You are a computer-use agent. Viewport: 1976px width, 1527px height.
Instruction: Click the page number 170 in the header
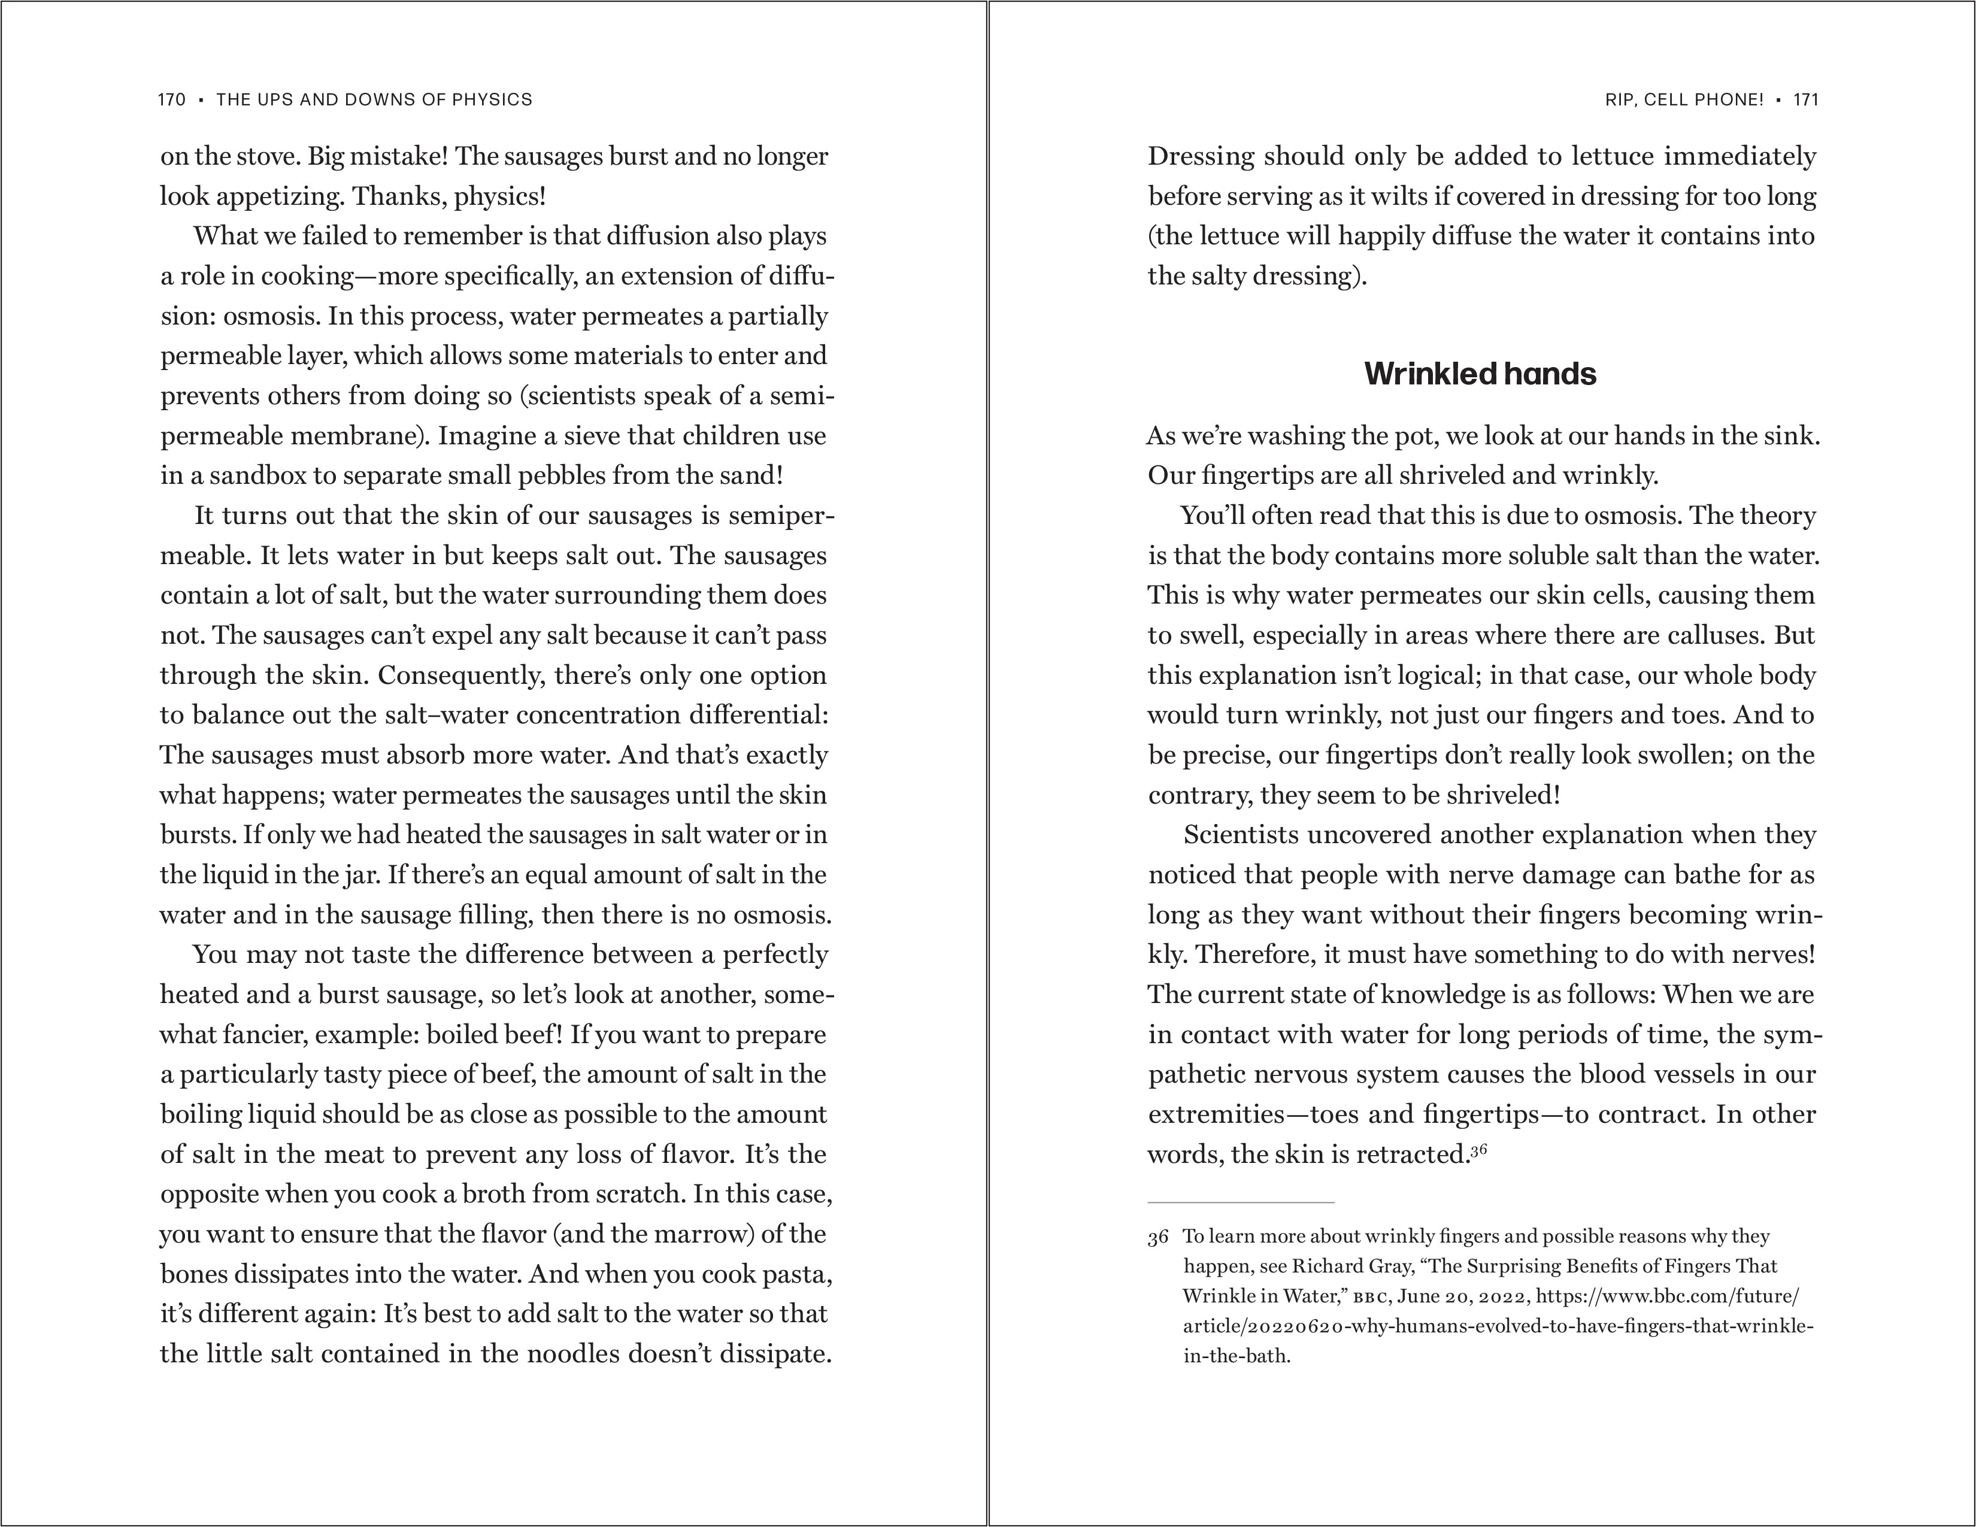click(171, 99)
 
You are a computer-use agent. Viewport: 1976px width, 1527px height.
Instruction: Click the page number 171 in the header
click(1806, 99)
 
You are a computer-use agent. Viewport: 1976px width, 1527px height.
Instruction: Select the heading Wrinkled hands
click(1480, 374)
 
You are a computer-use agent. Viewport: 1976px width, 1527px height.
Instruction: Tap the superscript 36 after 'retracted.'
click(1478, 1150)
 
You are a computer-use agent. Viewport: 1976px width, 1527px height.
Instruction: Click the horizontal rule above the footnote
click(1241, 1202)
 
